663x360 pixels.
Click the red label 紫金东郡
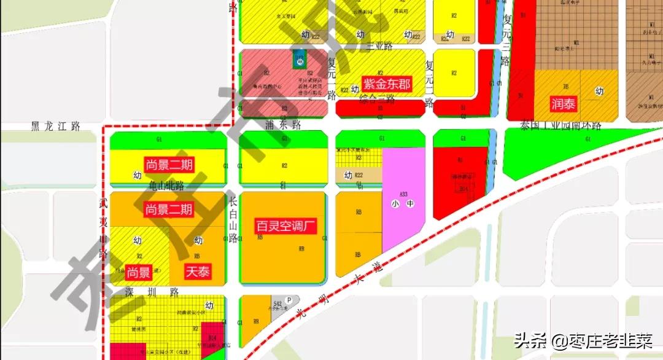(387, 84)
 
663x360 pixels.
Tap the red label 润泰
(563, 104)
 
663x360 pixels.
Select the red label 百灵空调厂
(286, 225)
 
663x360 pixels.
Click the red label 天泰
(198, 272)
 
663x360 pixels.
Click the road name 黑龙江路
(56, 127)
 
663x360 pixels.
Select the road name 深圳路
(151, 291)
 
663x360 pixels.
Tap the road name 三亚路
(379, 46)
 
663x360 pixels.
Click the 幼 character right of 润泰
(599, 92)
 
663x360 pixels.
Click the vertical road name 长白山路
(233, 220)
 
